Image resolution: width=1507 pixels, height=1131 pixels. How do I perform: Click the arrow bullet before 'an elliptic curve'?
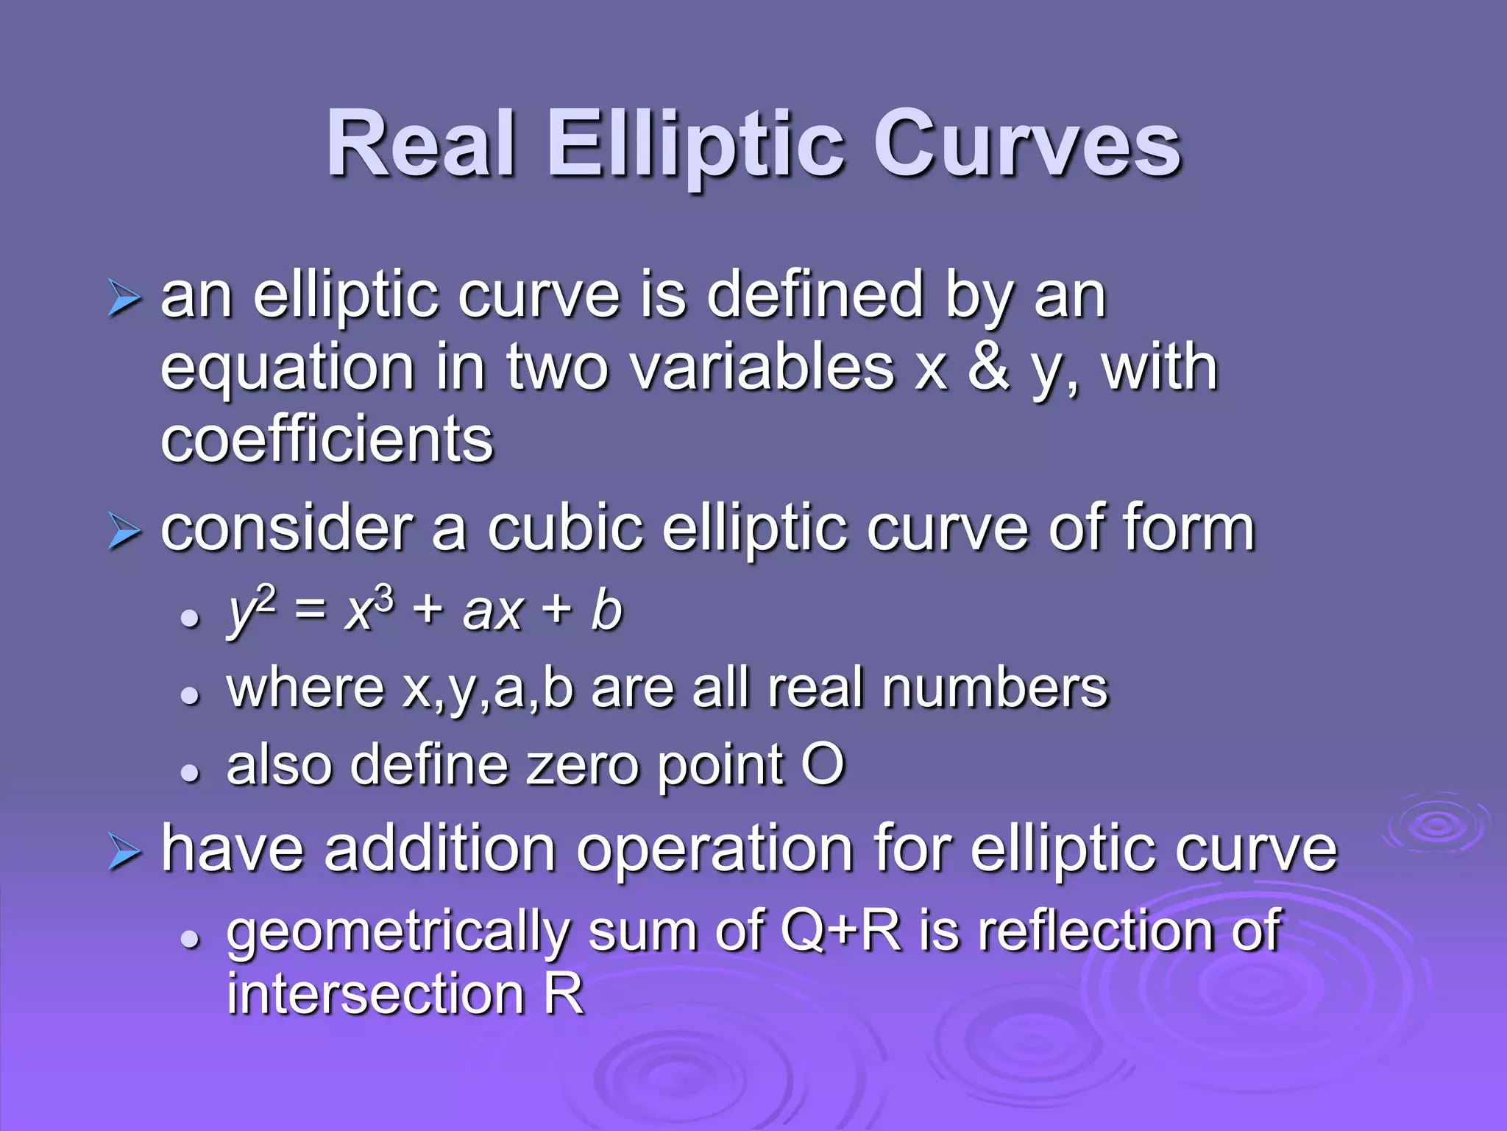(123, 298)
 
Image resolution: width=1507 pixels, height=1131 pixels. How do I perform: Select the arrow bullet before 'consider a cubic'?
(123, 532)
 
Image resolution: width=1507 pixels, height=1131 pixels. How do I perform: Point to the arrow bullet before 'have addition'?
(123, 853)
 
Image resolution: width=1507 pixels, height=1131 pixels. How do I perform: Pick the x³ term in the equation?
(369, 610)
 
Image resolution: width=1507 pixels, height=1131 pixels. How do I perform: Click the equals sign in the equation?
(310, 612)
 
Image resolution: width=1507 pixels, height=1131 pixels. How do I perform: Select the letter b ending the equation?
(606, 610)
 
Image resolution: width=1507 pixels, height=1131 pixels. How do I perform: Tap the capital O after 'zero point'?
(823, 765)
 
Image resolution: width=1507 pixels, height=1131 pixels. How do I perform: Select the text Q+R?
(841, 931)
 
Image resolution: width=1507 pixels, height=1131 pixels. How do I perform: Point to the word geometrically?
(398, 932)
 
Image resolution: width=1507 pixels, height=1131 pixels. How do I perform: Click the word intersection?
(375, 994)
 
